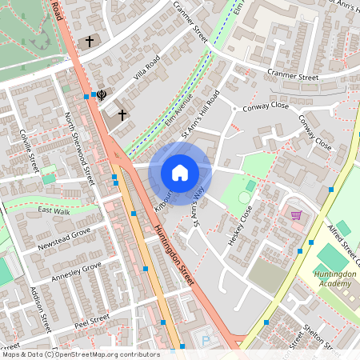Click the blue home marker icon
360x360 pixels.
tap(180, 173)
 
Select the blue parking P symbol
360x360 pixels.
tap(206, 341)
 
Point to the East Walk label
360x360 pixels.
tap(54, 211)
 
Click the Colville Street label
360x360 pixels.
tap(29, 150)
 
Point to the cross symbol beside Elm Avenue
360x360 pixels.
tap(122, 115)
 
